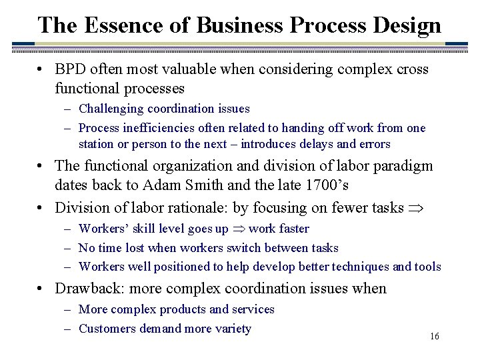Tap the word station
[97, 144]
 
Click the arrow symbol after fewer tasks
[417, 208]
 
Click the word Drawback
[85, 289]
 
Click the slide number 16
[435, 337]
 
